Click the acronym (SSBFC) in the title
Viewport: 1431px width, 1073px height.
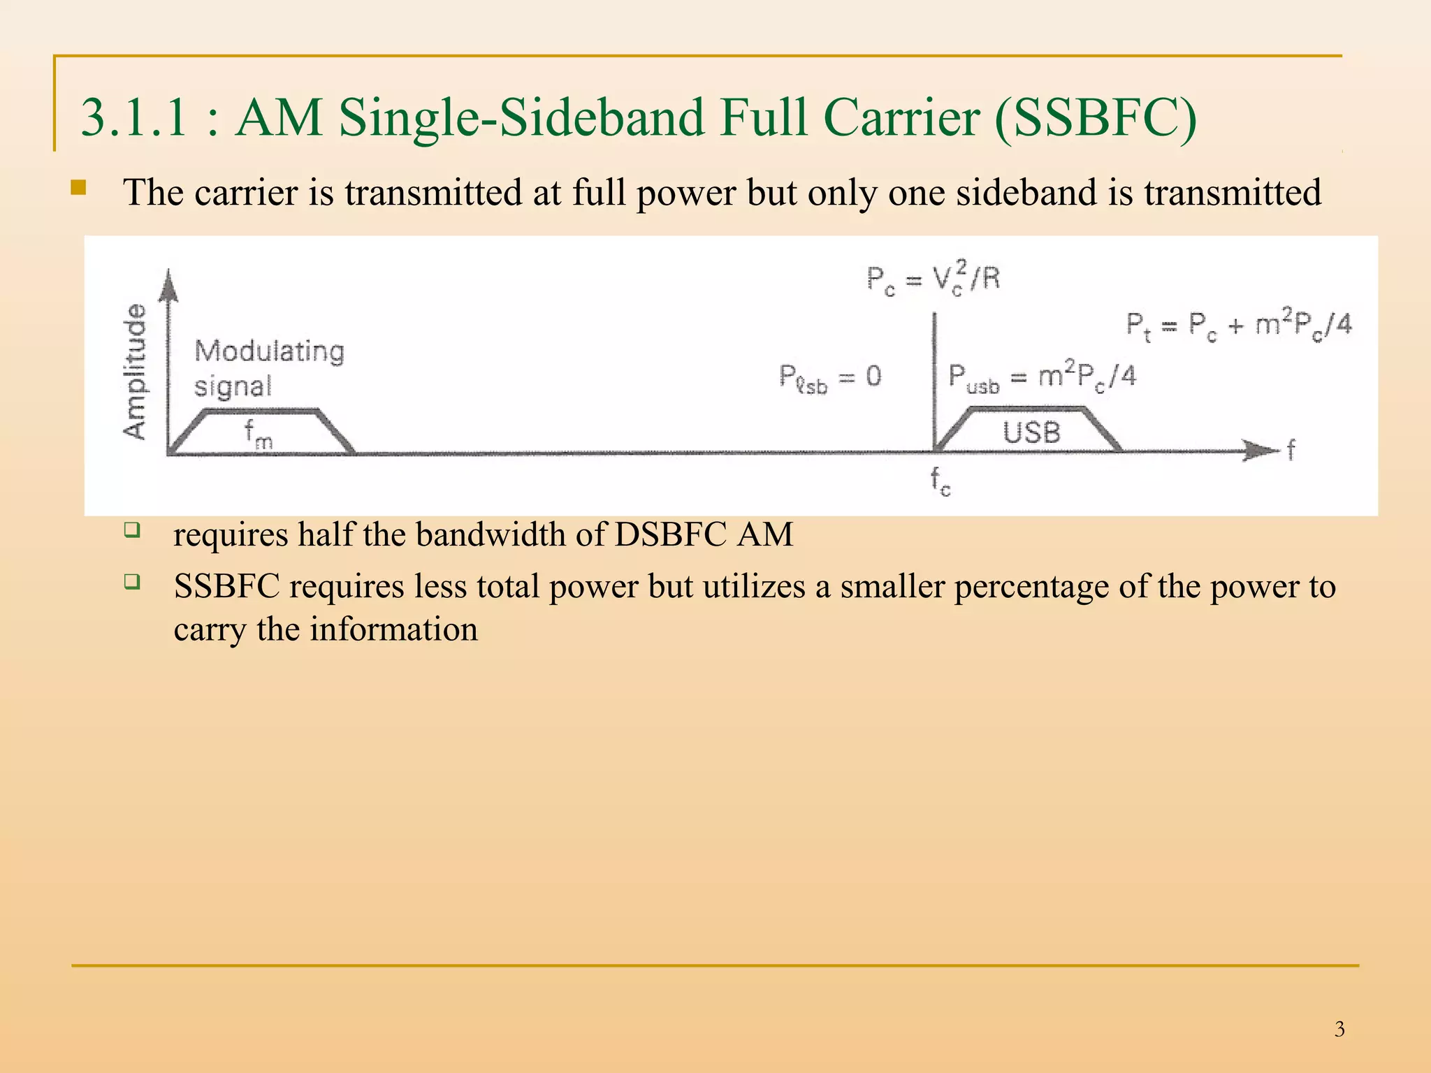[1095, 118]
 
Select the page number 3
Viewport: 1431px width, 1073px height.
[1339, 1029]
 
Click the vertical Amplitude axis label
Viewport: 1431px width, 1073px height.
[136, 372]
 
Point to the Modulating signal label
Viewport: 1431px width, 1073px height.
[269, 367]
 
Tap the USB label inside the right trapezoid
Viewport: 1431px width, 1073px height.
[1031, 433]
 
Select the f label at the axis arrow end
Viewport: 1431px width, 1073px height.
[1291, 449]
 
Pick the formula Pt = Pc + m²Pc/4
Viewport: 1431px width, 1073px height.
[1238, 326]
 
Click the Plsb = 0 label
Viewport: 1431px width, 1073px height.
[830, 379]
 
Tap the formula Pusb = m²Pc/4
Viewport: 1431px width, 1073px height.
[1042, 378]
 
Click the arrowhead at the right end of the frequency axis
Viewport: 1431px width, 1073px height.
[1262, 451]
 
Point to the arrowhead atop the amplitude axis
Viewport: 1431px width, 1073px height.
[168, 285]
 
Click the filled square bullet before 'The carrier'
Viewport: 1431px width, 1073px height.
[78, 188]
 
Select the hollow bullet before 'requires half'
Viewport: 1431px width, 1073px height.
[132, 530]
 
